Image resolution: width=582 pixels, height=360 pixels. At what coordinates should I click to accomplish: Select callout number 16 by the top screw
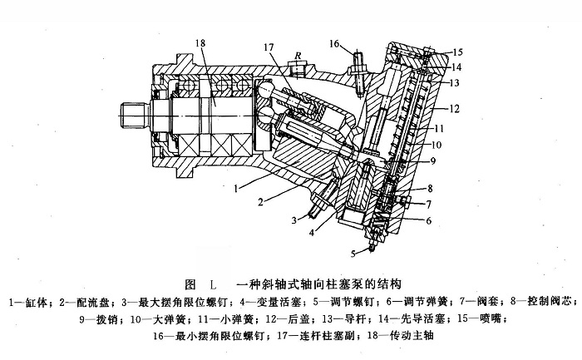pyautogui.click(x=334, y=43)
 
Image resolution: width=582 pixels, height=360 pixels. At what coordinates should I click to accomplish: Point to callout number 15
pyautogui.click(x=457, y=53)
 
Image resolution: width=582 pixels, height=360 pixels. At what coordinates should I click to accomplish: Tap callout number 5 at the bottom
pyautogui.click(x=353, y=252)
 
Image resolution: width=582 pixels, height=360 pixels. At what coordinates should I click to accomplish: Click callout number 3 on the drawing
pyautogui.click(x=293, y=220)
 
